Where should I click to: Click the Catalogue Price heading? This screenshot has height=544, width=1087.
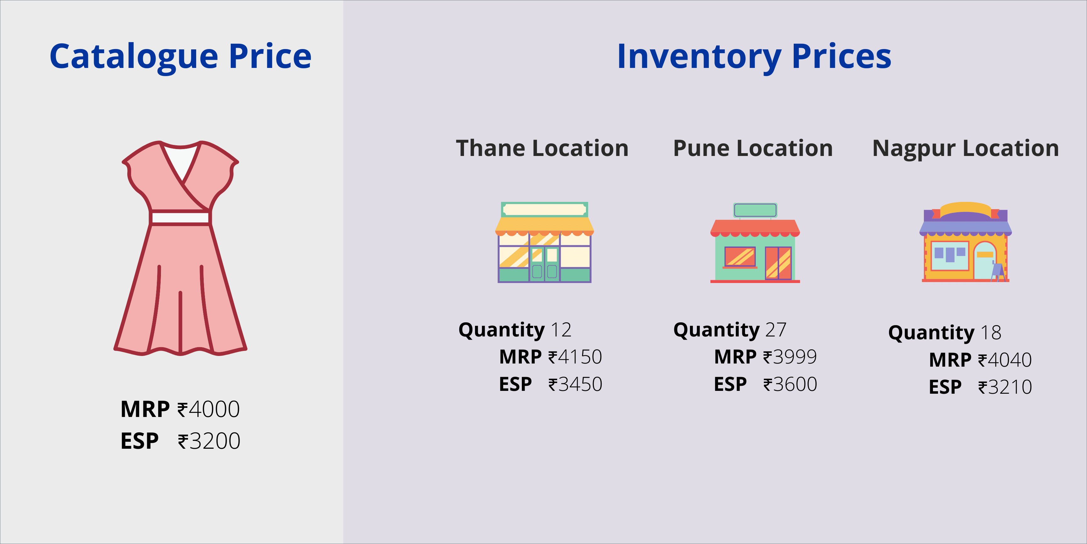coord(181,57)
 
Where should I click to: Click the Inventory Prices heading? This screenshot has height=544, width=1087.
coord(754,57)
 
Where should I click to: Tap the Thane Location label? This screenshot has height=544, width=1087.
coord(542,148)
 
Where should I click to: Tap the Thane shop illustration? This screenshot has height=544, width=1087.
coord(544,242)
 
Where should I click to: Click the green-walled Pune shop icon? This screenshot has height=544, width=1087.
coord(755,243)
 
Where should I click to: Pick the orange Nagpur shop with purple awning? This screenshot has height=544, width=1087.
coord(965,242)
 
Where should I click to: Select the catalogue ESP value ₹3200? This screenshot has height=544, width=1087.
coord(209,441)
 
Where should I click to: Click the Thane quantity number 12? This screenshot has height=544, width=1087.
coord(561,330)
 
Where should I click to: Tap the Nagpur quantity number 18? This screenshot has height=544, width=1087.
coord(991,333)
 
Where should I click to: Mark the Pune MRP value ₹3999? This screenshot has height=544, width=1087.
coord(790,357)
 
